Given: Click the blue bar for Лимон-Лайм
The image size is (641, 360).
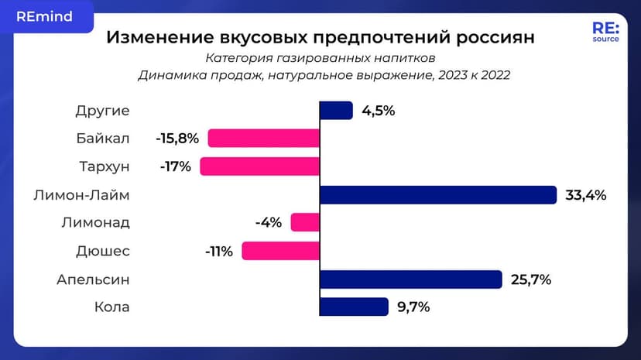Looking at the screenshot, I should [x=438, y=195].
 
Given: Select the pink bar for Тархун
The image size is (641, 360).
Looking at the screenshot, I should [x=260, y=166].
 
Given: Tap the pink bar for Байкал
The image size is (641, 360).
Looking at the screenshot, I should [x=264, y=139].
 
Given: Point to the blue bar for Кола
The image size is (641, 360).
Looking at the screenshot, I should [x=354, y=307].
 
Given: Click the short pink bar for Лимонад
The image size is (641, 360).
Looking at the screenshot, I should [x=305, y=223].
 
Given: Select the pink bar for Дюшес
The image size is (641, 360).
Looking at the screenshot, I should [x=280, y=251].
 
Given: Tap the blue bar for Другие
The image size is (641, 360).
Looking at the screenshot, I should [x=336, y=111].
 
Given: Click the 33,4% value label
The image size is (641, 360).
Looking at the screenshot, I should [x=585, y=195].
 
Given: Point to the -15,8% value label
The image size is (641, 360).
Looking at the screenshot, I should [x=177, y=139].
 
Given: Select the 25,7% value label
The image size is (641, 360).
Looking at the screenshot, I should [x=531, y=279].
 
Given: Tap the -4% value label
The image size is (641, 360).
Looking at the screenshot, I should [x=269, y=223].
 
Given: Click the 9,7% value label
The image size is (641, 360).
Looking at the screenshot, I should [x=413, y=307].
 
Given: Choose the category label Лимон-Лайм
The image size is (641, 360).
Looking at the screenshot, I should [x=82, y=195].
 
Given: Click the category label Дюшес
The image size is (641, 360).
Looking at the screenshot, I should [x=103, y=251].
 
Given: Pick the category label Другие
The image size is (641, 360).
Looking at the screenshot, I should [x=102, y=111].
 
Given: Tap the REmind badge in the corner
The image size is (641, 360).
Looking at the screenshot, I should [x=44, y=16].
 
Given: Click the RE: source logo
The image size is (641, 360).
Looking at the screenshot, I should [x=605, y=33].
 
